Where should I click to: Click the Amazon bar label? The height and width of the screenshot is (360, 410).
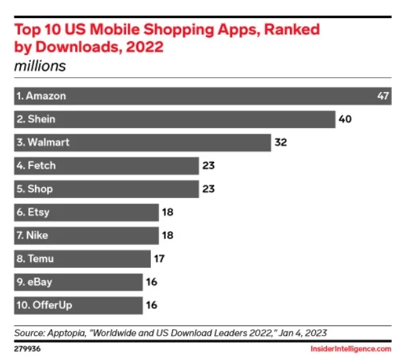42,96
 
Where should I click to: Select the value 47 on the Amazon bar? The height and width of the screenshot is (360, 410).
383,96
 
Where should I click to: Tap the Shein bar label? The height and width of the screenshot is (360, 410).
36,120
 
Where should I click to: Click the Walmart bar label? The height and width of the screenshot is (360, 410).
43,142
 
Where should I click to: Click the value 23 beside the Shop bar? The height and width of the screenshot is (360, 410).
208,189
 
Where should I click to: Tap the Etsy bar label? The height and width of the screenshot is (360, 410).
34,212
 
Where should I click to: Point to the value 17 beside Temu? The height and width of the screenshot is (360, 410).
159,259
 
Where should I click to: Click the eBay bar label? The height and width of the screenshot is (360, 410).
35,282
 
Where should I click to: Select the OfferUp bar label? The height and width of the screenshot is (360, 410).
44,305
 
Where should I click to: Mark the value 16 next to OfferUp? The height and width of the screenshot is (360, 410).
151,305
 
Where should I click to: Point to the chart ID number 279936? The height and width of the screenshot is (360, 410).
27,349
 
